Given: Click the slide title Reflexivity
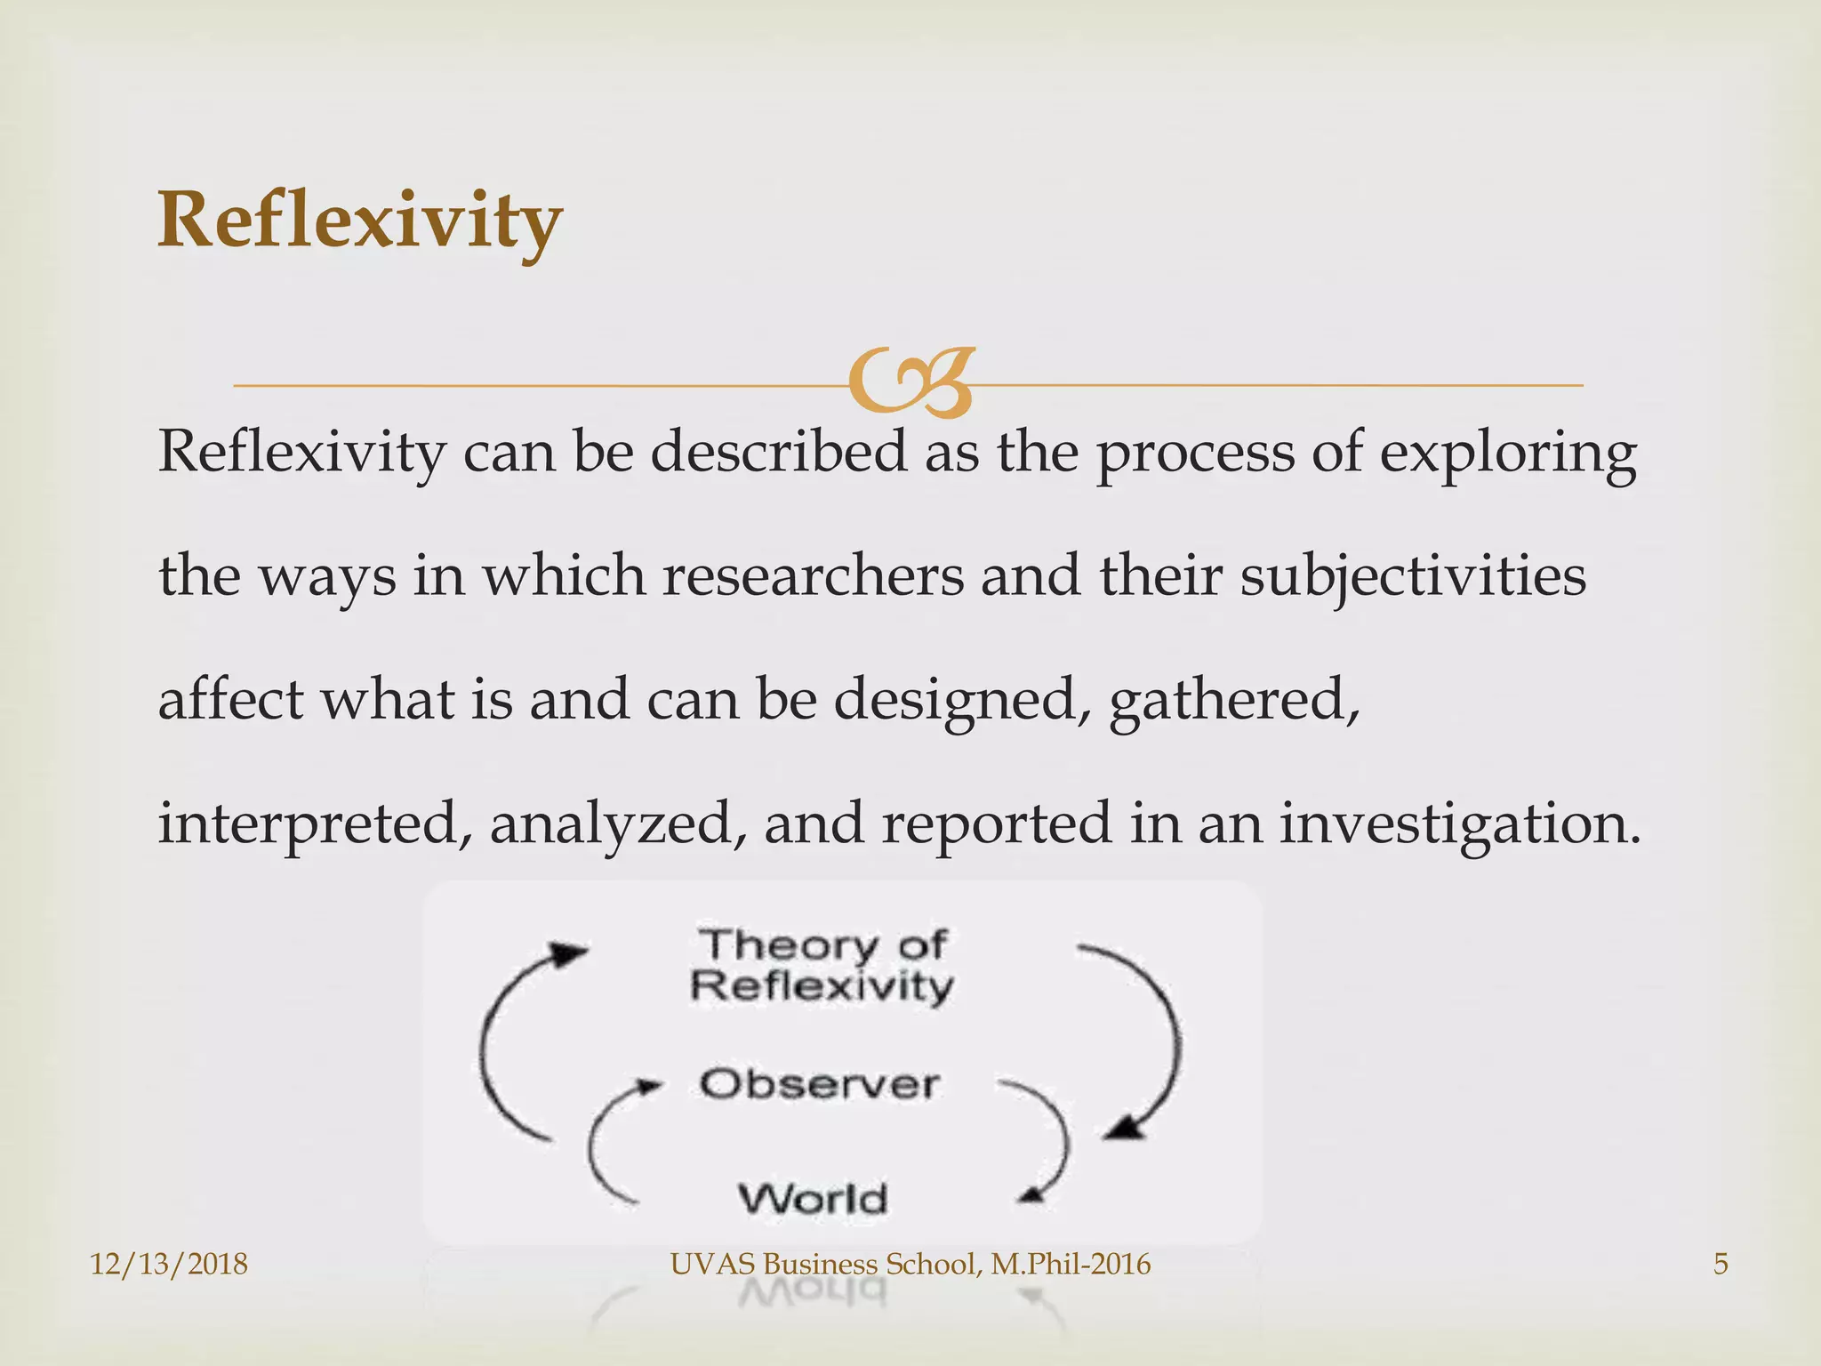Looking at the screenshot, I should tap(359, 221).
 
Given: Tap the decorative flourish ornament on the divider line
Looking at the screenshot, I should tap(910, 383).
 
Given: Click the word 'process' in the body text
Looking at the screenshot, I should tap(1195, 453).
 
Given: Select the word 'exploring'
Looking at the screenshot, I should tap(1508, 453).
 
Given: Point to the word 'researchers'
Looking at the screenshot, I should tap(813, 575).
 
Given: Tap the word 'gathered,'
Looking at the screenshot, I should tap(1235, 700).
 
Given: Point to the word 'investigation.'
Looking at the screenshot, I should tap(1460, 824).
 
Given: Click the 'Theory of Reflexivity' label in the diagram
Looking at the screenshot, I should tap(822, 965).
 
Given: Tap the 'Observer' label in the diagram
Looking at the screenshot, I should tap(819, 1084).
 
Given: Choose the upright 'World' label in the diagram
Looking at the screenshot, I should tap(813, 1199).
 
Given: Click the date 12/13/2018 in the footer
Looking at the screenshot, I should tap(169, 1264).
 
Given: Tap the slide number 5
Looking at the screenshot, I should tap(1721, 1264).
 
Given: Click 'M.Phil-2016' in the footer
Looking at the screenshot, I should tap(1071, 1264).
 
